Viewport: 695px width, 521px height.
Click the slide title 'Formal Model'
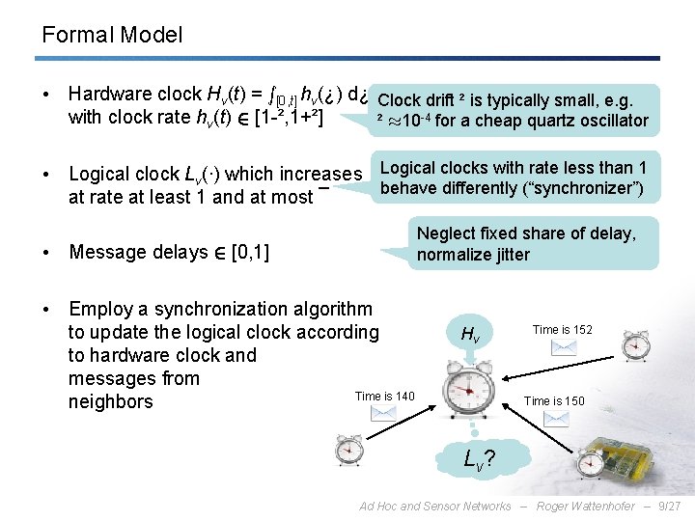point(112,36)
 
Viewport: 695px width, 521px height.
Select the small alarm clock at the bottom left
point(348,451)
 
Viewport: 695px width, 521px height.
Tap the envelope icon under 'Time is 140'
point(384,413)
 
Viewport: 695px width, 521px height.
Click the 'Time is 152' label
point(563,329)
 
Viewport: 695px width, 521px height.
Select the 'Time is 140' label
point(384,396)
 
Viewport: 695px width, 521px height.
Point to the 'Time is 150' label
point(554,400)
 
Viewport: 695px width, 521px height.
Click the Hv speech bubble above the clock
point(470,334)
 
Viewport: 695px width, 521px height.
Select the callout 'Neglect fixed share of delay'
point(526,244)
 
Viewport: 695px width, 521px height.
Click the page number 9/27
point(669,507)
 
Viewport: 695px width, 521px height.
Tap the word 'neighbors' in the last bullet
point(110,401)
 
